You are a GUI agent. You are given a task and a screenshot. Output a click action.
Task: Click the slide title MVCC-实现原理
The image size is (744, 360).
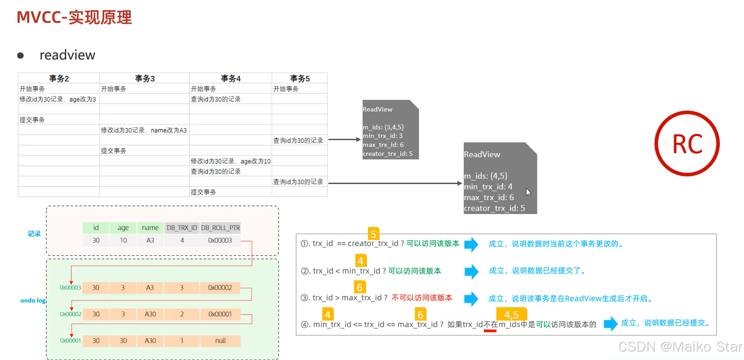click(74, 17)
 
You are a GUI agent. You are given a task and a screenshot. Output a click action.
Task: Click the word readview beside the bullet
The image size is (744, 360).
click(67, 55)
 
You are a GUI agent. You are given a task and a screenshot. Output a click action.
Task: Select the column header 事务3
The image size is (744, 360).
click(145, 78)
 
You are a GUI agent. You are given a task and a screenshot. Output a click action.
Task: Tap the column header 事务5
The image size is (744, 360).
click(299, 78)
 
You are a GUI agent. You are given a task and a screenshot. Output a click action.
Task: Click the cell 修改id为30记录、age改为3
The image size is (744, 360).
click(58, 99)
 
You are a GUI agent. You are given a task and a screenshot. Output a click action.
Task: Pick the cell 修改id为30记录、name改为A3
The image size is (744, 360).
click(144, 130)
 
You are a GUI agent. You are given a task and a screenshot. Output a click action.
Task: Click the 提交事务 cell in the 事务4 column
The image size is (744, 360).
click(203, 192)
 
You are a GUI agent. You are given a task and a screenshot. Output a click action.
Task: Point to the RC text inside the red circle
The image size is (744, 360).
click(687, 144)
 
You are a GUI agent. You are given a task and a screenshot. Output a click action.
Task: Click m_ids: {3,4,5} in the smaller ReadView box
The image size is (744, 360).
click(383, 127)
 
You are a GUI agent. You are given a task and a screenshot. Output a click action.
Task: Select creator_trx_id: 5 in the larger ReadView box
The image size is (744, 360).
click(494, 208)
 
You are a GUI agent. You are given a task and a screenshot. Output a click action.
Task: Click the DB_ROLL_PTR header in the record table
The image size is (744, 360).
click(220, 227)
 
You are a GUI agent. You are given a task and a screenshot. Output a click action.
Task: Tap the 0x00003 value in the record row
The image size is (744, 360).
click(220, 240)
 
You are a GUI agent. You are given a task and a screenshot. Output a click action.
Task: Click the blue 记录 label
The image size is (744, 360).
click(34, 234)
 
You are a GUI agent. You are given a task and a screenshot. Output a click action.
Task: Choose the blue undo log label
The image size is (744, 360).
click(33, 300)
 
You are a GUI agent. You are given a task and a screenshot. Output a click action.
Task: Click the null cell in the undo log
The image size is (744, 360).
click(220, 341)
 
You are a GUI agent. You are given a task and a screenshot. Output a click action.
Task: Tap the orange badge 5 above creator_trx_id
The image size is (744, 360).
click(373, 234)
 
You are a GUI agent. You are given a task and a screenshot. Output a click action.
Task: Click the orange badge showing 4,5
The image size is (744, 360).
click(511, 314)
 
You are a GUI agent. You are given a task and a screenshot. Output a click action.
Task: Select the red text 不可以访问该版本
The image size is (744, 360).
click(422, 298)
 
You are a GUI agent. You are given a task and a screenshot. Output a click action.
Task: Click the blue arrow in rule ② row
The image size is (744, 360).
click(471, 271)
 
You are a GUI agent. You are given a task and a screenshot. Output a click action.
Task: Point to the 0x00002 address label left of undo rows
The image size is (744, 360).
click(71, 314)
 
